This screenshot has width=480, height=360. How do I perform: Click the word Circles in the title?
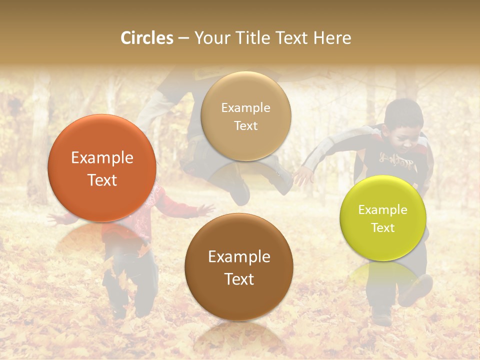pyautogui.click(x=146, y=38)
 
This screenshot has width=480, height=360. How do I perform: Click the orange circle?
pyautogui.click(x=102, y=168)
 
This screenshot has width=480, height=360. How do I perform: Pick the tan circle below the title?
pyautogui.click(x=245, y=116)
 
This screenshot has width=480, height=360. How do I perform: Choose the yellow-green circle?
pyautogui.click(x=383, y=218)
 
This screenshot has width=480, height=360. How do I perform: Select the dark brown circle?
pyautogui.click(x=239, y=267)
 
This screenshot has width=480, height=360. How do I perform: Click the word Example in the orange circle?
pyautogui.click(x=102, y=158)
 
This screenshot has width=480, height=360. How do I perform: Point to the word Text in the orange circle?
pyautogui.click(x=102, y=180)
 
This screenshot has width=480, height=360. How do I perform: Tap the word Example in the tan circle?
pyautogui.click(x=245, y=107)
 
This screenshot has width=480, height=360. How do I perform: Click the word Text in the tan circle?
pyautogui.click(x=245, y=125)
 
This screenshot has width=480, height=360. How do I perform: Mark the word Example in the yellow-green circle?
pyautogui.click(x=383, y=209)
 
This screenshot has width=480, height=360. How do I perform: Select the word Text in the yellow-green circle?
pyautogui.click(x=383, y=227)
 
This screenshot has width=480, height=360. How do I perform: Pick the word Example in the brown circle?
pyautogui.click(x=239, y=257)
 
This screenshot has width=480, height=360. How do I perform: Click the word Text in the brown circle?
pyautogui.click(x=239, y=279)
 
